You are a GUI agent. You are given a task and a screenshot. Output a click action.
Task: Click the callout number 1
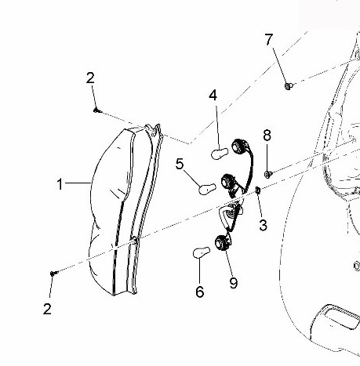click(60, 184)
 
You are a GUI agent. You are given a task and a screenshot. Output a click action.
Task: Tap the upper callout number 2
click(90, 78)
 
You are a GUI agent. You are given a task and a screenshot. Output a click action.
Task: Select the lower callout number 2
click(47, 309)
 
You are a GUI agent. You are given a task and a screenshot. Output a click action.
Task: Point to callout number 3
click(264, 225)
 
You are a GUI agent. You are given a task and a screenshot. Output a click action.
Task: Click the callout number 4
click(213, 96)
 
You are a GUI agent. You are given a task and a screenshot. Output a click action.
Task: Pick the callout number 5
click(180, 164)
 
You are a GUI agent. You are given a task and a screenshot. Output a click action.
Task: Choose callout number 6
click(200, 292)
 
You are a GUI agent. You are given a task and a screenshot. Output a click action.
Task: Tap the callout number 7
click(269, 39)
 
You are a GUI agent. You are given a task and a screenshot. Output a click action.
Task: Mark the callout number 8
click(267, 136)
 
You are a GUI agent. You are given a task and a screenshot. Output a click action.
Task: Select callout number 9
click(234, 283)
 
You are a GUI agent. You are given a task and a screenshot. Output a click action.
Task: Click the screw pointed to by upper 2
click(97, 111)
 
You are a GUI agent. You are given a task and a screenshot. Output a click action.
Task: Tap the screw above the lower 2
click(54, 274)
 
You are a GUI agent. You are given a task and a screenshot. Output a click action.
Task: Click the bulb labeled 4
click(220, 154)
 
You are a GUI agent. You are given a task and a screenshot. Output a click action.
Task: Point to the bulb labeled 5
click(208, 189)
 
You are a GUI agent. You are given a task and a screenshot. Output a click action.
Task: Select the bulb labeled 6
click(202, 252)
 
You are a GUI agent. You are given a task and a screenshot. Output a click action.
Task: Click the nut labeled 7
click(289, 85)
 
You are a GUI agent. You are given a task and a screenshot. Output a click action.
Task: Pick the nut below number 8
click(268, 174)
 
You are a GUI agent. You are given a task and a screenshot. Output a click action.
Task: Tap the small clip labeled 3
click(257, 190)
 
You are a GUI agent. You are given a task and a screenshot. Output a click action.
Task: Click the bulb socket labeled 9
click(223, 243)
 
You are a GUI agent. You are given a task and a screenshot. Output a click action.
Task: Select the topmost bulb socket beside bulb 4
click(240, 147)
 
